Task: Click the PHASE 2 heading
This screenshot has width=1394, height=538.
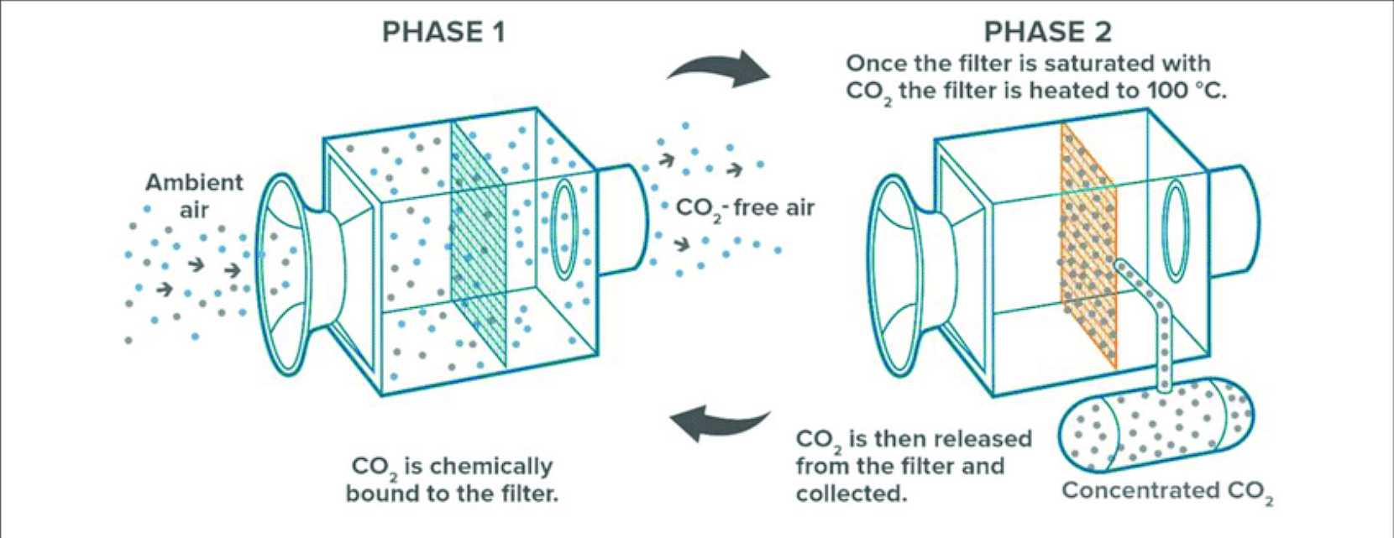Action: click(x=1047, y=32)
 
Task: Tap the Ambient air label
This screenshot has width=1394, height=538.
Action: click(x=194, y=195)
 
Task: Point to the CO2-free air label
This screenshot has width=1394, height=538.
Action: click(x=745, y=206)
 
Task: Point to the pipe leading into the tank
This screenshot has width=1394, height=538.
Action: click(x=1155, y=319)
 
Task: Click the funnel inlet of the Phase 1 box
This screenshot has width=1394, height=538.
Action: click(x=286, y=273)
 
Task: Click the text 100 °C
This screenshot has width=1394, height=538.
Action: click(x=1185, y=91)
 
